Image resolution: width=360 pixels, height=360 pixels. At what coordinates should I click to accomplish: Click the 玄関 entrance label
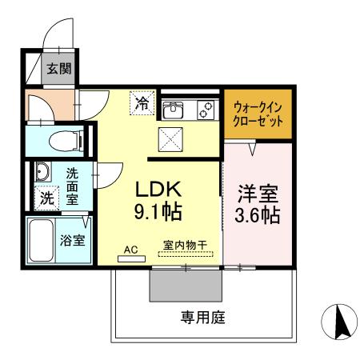tap(57, 70)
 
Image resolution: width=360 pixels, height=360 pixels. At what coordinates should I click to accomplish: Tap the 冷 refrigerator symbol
tap(142, 102)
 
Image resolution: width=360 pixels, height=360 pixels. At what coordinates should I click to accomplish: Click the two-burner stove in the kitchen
tap(205, 109)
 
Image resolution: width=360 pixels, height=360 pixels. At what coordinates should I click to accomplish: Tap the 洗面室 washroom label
tap(72, 185)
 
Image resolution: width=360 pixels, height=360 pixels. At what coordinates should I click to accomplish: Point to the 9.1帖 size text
tap(159, 213)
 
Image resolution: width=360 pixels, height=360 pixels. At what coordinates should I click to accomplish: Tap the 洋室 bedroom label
tap(257, 193)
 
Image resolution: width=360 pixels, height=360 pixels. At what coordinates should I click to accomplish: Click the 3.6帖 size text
tap(257, 215)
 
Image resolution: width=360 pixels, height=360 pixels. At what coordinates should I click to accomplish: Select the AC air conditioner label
tap(130, 250)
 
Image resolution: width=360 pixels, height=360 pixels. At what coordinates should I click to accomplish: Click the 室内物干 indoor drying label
tap(185, 249)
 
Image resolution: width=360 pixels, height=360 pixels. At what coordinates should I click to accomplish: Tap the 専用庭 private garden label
tap(200, 317)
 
